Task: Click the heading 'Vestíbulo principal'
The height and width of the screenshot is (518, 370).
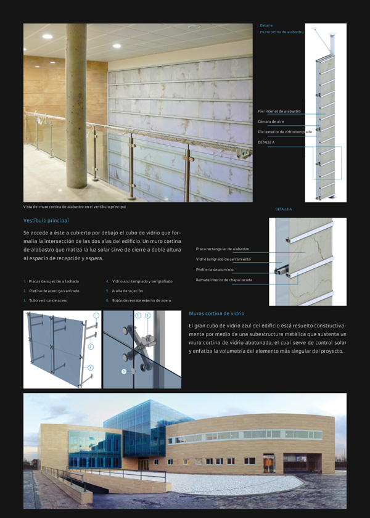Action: [x=46, y=220]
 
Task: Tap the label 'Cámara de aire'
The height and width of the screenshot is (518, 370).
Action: [x=271, y=121]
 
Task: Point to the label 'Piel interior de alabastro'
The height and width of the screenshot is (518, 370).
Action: [x=279, y=111]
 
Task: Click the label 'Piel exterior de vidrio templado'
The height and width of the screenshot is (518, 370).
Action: [x=285, y=132]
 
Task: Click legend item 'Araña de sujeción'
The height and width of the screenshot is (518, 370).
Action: [x=128, y=290]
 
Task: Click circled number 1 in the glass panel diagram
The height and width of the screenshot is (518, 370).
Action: [x=96, y=315]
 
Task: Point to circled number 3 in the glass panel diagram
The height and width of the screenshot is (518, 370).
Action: [x=91, y=368]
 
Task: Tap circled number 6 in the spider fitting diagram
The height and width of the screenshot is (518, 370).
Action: [x=124, y=371]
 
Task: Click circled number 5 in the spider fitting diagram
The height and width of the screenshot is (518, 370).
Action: [x=147, y=315]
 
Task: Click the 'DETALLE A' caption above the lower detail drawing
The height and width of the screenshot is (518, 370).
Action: [x=284, y=209]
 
